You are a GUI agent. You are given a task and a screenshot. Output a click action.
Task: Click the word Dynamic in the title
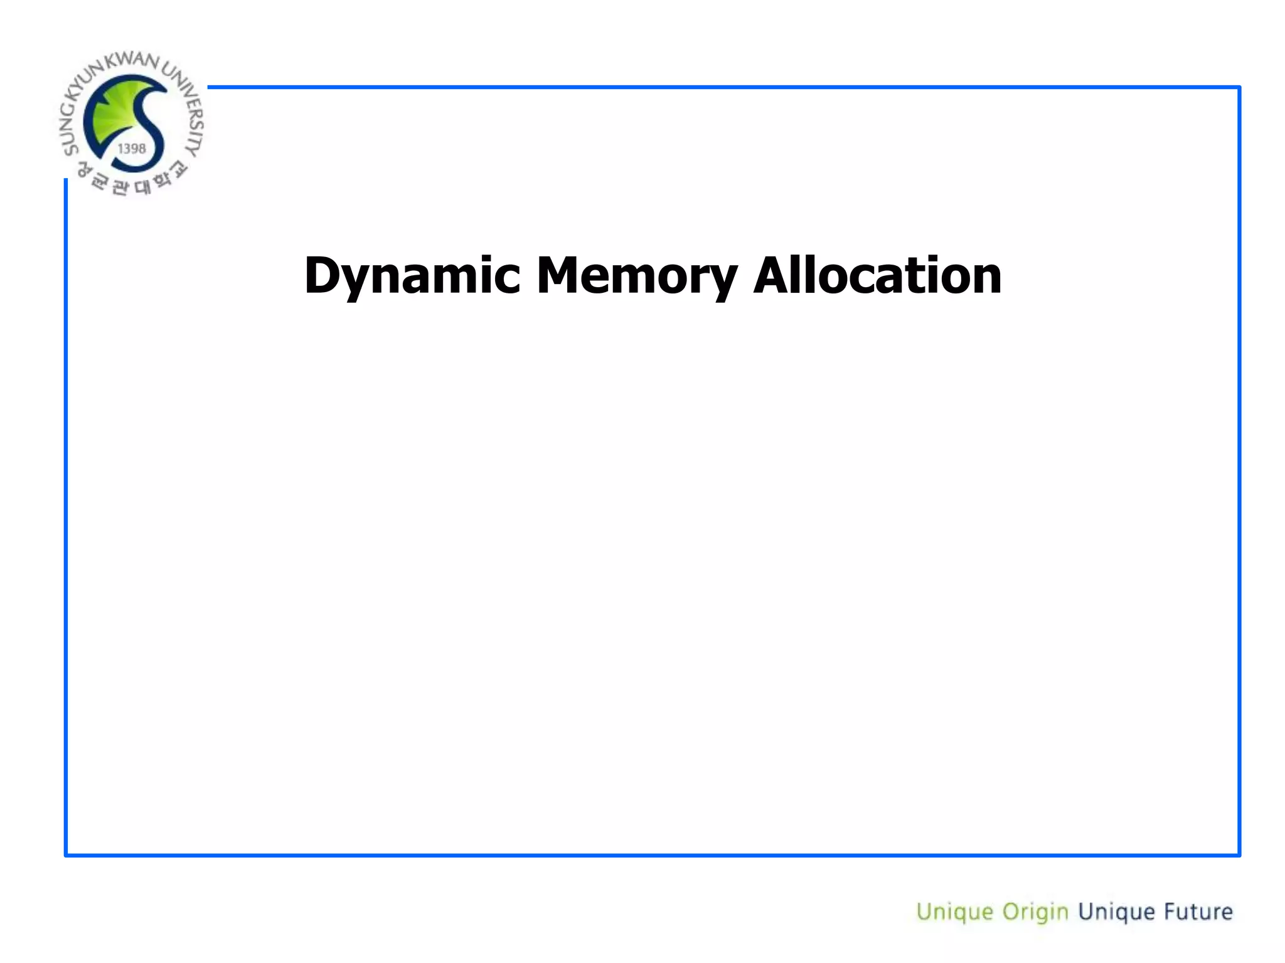click(412, 276)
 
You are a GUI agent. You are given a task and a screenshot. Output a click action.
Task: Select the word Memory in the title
click(636, 276)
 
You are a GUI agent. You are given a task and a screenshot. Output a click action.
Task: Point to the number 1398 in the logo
click(132, 149)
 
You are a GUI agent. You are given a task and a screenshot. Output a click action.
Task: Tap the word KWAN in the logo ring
click(132, 61)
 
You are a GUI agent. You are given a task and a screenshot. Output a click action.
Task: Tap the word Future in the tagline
click(1198, 912)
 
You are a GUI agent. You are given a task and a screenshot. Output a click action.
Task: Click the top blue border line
click(722, 87)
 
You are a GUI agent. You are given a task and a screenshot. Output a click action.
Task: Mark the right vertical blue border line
click(1239, 470)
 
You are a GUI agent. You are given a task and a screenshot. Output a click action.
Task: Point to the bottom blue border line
click(653, 855)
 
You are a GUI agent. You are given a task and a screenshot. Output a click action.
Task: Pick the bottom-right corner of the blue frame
click(1239, 855)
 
